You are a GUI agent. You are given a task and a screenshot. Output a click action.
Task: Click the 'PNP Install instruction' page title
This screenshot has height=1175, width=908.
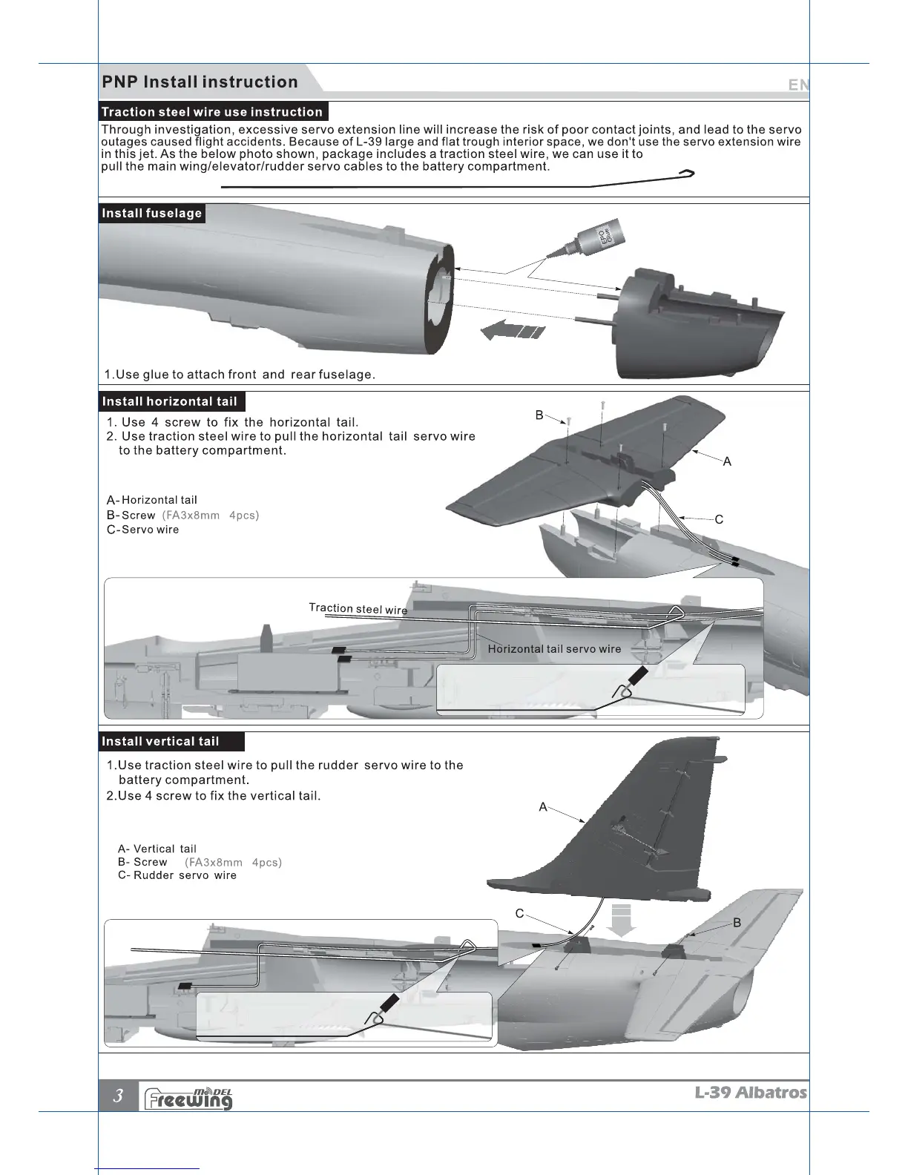click(x=200, y=82)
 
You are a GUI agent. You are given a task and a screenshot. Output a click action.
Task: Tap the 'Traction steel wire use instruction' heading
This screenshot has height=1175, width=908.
click(x=212, y=112)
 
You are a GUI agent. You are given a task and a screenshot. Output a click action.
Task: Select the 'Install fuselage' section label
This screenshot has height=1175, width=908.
click(x=151, y=214)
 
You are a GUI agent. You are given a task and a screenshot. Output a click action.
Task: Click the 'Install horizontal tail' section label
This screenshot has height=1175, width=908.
click(x=170, y=402)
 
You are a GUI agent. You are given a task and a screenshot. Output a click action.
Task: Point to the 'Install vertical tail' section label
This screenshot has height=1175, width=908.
click(x=160, y=742)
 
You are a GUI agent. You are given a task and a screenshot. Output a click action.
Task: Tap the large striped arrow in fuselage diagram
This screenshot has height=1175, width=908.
click(x=512, y=330)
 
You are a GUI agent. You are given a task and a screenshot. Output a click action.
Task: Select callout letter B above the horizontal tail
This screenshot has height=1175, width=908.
click(x=539, y=415)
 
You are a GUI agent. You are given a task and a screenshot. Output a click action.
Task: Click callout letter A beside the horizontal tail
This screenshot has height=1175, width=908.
click(x=727, y=461)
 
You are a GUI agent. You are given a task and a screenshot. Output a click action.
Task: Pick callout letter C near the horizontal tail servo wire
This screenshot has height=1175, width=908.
click(x=719, y=519)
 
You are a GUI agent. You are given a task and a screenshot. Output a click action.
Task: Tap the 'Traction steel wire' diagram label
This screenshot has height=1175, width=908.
click(x=358, y=609)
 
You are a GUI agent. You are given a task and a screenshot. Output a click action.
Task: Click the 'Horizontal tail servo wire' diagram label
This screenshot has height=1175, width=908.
click(x=554, y=649)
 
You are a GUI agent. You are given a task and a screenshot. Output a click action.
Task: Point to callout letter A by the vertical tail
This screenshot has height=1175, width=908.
click(x=543, y=807)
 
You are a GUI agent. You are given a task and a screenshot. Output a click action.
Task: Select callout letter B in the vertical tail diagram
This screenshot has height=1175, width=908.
click(x=737, y=923)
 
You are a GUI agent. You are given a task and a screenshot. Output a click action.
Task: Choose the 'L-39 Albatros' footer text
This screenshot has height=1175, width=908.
click(x=750, y=1093)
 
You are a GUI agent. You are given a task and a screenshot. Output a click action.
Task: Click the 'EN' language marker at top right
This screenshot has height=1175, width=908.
click(x=798, y=85)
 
